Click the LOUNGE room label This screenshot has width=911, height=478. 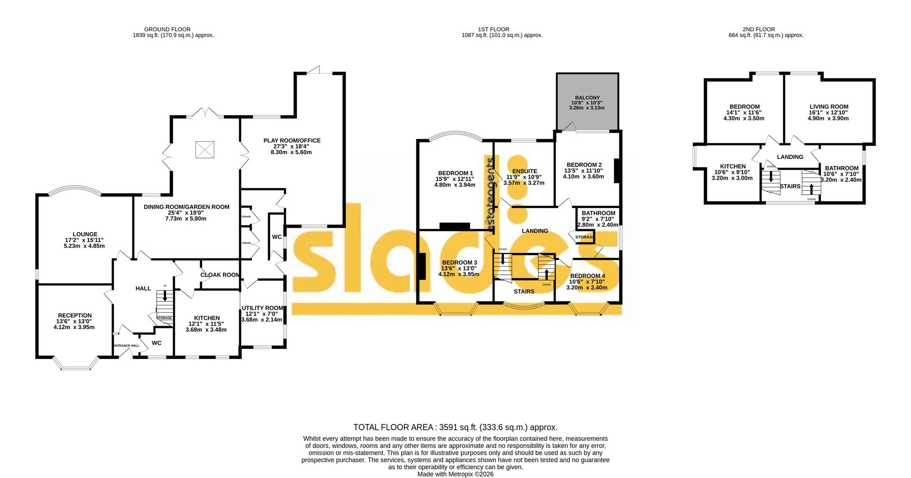pyautogui.click(x=85, y=234)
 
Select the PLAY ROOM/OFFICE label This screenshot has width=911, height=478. pyautogui.click(x=292, y=141)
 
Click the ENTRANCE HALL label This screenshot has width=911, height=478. pyautogui.click(x=126, y=346)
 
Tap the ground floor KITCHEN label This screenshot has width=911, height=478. pyautogui.click(x=207, y=318)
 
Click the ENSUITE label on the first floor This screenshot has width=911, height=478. pyautogui.click(x=524, y=171)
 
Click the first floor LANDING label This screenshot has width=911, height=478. pyautogui.click(x=535, y=231)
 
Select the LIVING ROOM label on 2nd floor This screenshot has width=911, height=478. pyautogui.click(x=828, y=107)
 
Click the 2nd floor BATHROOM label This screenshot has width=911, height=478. pyautogui.click(x=841, y=168)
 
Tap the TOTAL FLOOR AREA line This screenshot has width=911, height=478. pyautogui.click(x=455, y=427)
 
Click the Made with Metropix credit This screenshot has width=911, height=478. pyautogui.click(x=455, y=474)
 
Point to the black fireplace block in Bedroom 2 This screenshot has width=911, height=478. pyautogui.click(x=617, y=171)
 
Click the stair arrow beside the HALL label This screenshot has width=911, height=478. pyautogui.click(x=165, y=297)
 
